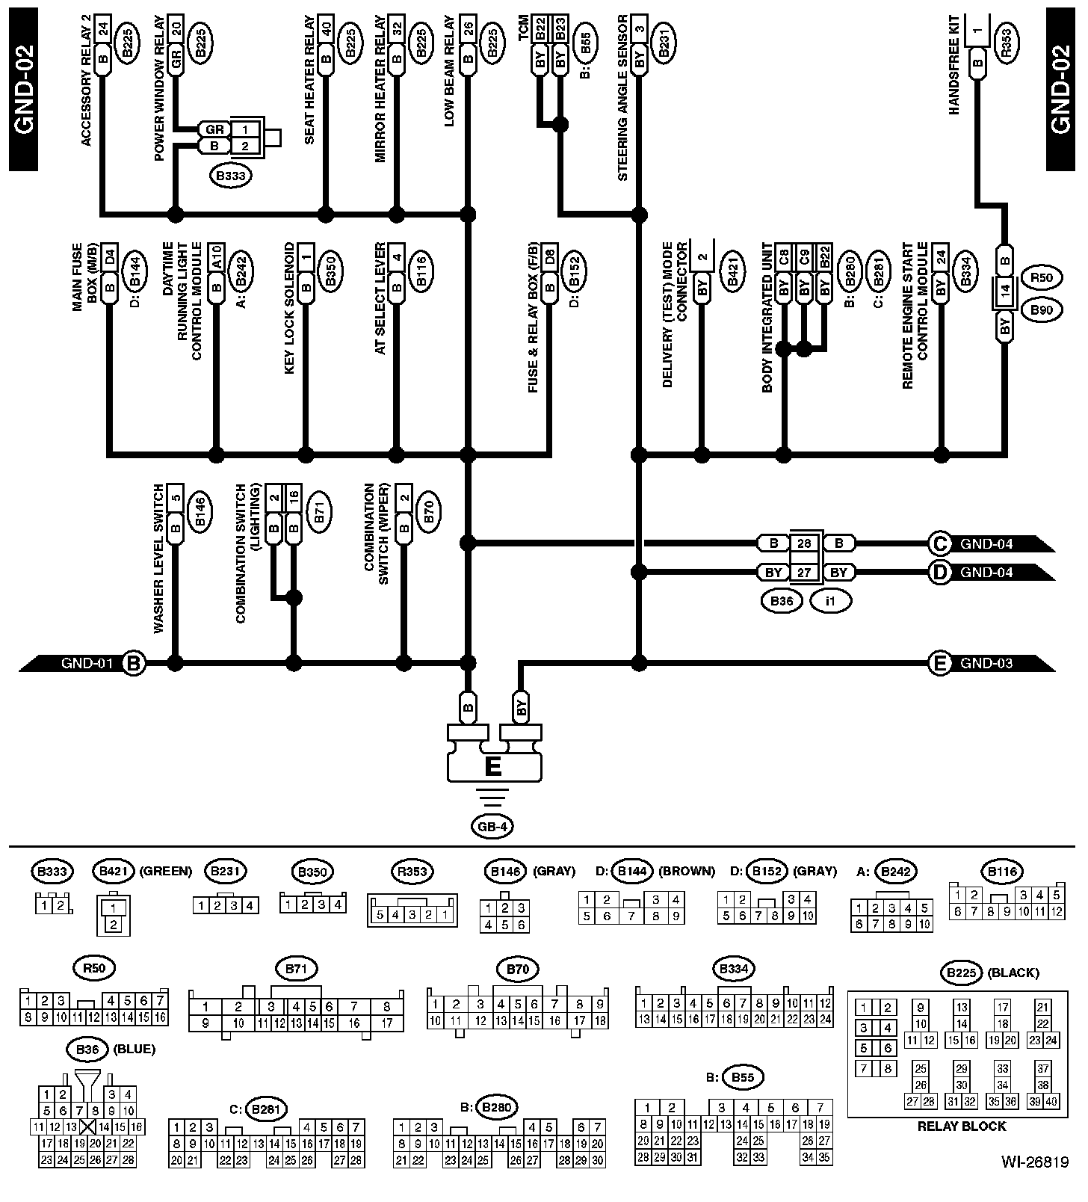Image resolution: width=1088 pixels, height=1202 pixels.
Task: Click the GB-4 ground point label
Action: point(493,827)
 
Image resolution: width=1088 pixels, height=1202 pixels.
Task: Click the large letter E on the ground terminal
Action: point(493,767)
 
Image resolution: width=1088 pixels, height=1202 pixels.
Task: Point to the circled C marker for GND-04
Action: point(939,543)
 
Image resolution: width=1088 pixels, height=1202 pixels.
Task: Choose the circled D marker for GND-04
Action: point(939,573)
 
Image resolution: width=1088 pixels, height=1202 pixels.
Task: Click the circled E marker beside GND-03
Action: point(939,663)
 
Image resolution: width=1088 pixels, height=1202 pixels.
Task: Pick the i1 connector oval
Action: point(830,600)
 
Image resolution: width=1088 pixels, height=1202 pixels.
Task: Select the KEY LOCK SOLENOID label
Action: point(290,308)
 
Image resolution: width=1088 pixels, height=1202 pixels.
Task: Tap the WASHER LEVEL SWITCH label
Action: point(158,559)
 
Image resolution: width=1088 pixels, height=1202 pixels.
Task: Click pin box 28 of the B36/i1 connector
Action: point(804,543)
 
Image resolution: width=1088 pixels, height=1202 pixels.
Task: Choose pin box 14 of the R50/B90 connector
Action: point(1005,289)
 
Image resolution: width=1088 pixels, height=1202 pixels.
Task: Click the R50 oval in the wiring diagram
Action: point(1042,278)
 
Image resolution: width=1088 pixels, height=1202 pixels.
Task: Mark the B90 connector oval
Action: point(1042,309)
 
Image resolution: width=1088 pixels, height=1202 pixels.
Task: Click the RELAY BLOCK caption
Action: point(962,1126)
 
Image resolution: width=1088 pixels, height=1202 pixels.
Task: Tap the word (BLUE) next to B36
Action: point(134,1049)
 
